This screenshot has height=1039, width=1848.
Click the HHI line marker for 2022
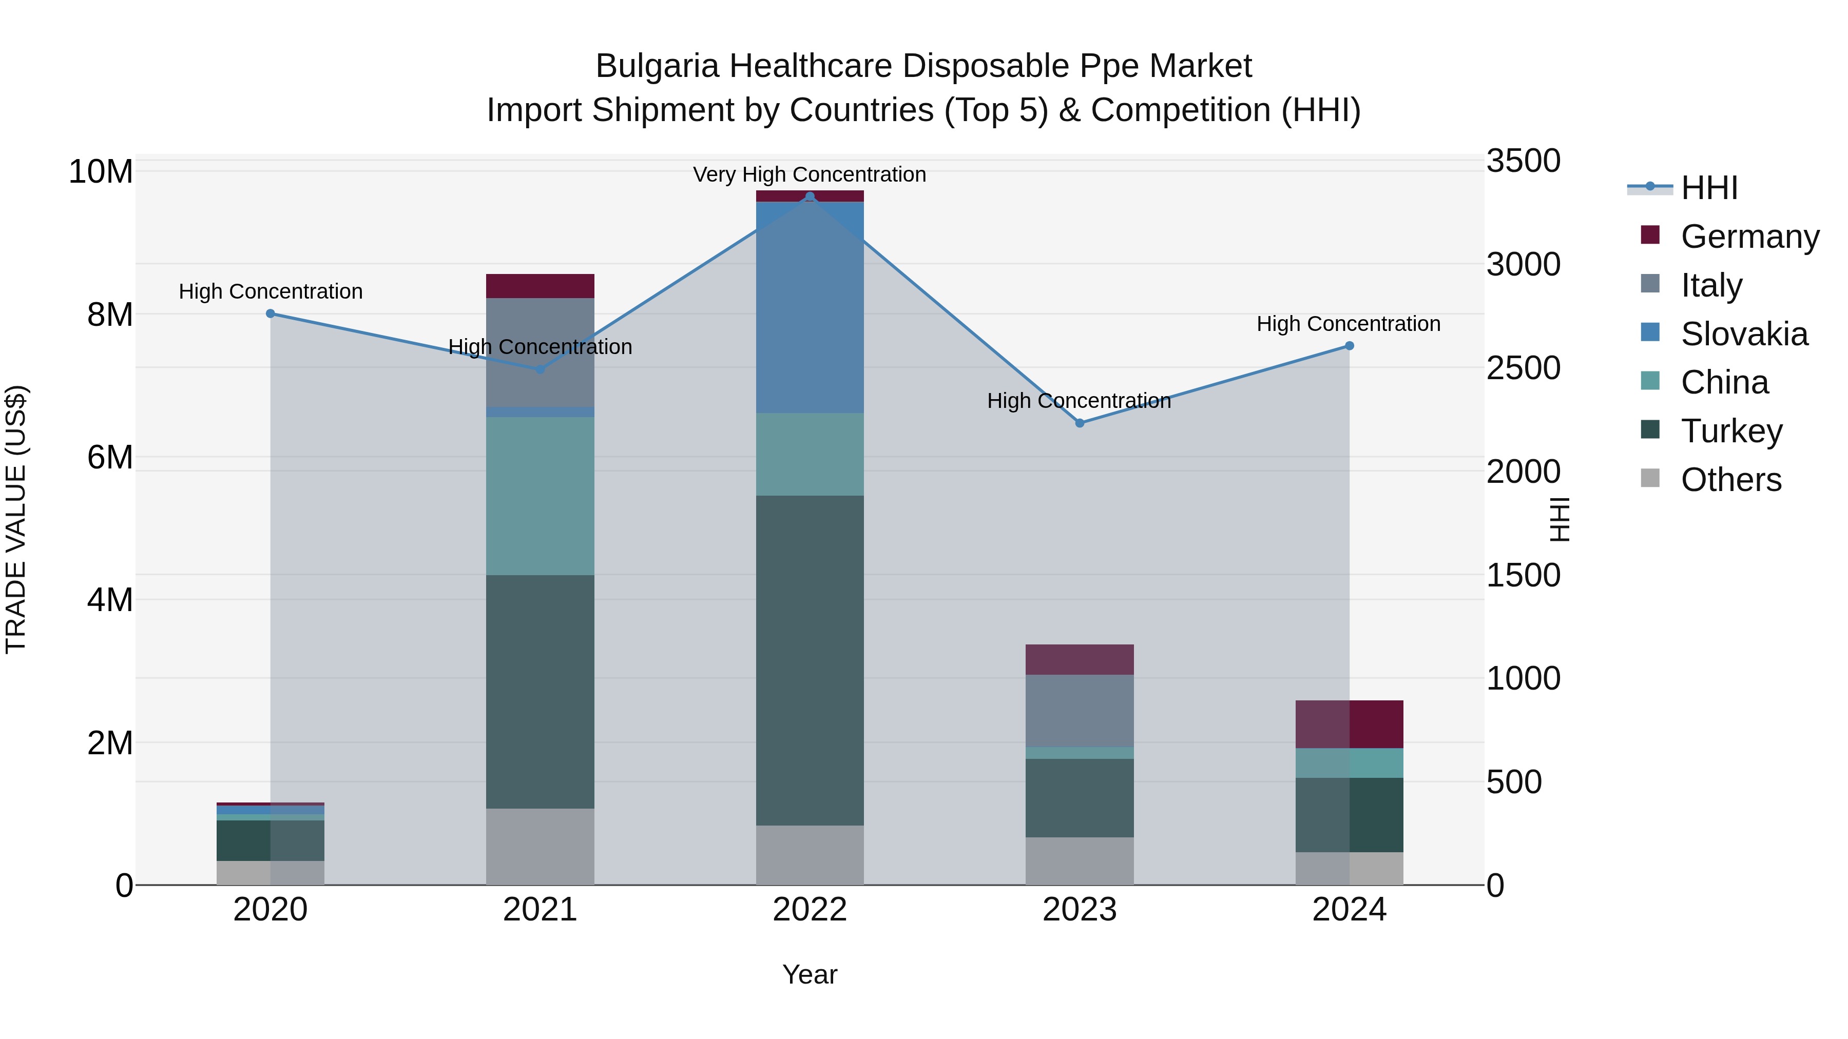[810, 197]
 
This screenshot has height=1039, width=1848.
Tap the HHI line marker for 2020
[271, 313]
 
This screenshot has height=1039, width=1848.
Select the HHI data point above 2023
[1080, 423]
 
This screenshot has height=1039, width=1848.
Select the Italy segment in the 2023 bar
[1080, 711]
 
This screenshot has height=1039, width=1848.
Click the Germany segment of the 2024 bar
[1350, 724]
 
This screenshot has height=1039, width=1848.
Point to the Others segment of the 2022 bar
[810, 855]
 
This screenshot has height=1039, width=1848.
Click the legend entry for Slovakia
[1744, 334]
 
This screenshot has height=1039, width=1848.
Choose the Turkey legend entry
[1731, 431]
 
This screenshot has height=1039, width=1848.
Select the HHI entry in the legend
[1709, 188]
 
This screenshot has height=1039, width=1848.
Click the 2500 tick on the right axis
[1523, 368]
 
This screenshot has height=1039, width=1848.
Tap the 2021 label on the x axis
[540, 910]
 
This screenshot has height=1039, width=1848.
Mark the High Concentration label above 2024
[1348, 324]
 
